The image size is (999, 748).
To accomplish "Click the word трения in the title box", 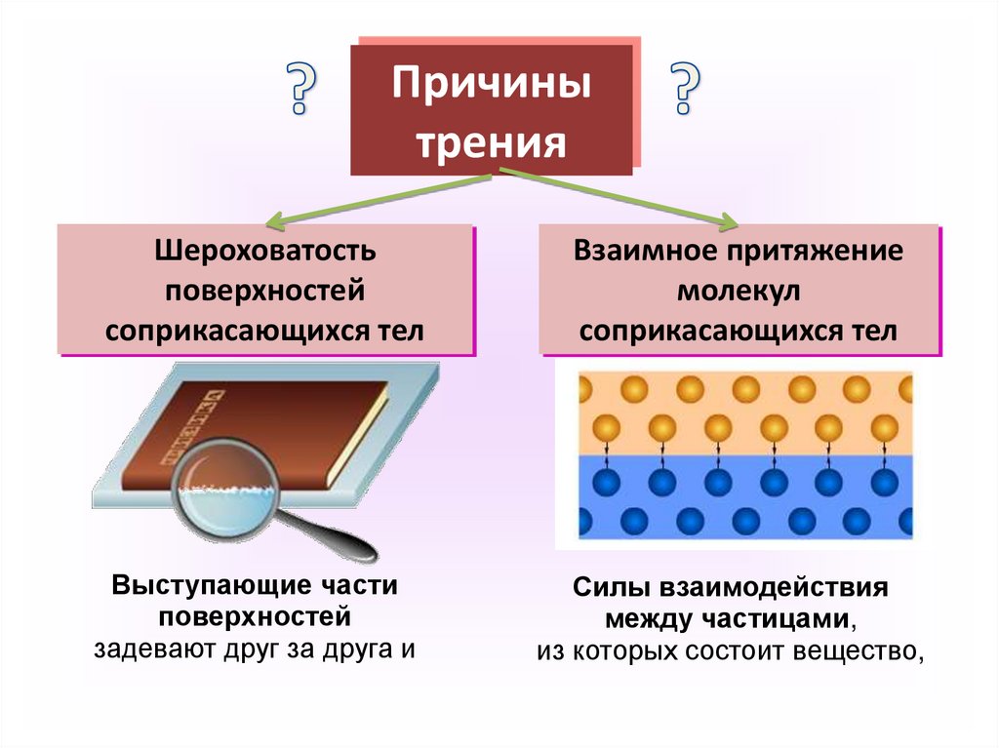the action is pyautogui.click(x=492, y=142).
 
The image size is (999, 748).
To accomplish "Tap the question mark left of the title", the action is pyautogui.click(x=301, y=89).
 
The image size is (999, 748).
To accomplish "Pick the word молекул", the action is pyautogui.click(x=739, y=291).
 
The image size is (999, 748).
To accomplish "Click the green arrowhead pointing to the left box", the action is pyautogui.click(x=276, y=219).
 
